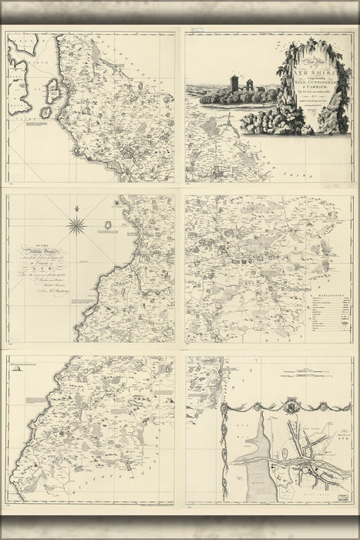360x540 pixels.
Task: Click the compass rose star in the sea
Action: [76, 224]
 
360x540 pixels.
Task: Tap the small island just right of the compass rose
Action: [107, 226]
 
